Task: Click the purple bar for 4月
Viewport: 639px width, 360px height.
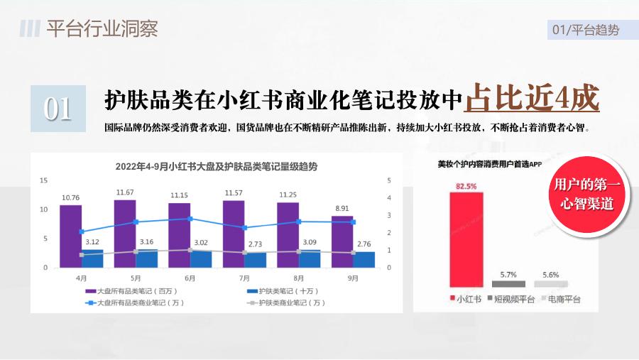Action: (x=70, y=236)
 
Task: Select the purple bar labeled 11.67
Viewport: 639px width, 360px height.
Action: (x=125, y=234)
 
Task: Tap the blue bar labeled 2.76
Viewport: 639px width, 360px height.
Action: (x=364, y=260)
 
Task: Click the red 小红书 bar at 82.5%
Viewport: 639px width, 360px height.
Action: (x=466, y=239)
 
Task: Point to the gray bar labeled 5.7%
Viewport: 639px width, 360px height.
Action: (x=508, y=284)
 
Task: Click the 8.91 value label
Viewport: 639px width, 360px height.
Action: (x=342, y=208)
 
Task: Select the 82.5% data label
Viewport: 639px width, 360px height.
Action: (x=466, y=186)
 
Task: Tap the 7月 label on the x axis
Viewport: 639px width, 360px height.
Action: (x=244, y=278)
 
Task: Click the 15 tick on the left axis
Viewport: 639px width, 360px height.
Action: (x=43, y=180)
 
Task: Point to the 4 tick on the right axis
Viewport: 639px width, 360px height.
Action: (x=389, y=197)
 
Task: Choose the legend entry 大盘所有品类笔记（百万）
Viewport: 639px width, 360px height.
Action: (x=131, y=291)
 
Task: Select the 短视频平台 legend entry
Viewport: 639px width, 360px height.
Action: (x=510, y=299)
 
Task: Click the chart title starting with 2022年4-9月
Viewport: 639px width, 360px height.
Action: (x=217, y=166)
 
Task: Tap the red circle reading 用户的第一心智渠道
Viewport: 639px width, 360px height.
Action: (x=587, y=194)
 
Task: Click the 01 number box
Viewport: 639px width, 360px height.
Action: (x=58, y=109)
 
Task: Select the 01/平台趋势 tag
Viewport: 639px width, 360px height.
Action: (x=586, y=30)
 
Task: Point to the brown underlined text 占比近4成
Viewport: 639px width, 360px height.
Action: (x=532, y=98)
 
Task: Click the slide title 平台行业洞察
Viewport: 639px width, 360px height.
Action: (x=102, y=28)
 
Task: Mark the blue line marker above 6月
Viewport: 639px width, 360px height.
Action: (x=190, y=219)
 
